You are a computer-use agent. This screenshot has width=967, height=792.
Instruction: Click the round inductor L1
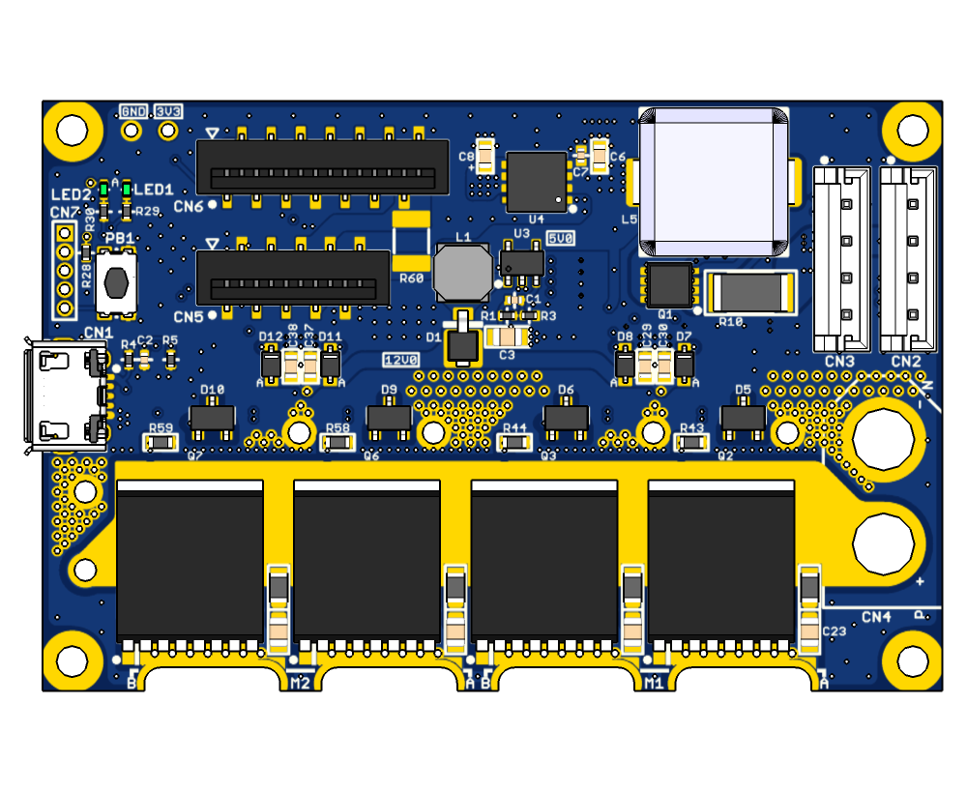462,273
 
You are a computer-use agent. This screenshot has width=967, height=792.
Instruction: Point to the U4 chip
537,181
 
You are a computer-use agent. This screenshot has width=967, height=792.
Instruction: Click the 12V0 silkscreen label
399,360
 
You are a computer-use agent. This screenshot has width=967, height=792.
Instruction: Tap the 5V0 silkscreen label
560,237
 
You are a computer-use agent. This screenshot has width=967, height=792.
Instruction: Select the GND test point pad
132,130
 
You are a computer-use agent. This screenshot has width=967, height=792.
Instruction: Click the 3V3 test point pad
168,130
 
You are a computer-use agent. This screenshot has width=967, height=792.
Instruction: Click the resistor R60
412,242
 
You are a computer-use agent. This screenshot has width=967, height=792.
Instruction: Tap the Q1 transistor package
669,284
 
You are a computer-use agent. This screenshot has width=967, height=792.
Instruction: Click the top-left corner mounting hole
73,130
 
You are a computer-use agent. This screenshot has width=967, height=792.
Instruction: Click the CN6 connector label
189,206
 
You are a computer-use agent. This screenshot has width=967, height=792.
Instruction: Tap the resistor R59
161,442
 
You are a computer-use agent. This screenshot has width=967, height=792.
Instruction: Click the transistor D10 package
212,418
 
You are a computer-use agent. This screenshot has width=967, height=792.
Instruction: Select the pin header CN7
65,271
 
